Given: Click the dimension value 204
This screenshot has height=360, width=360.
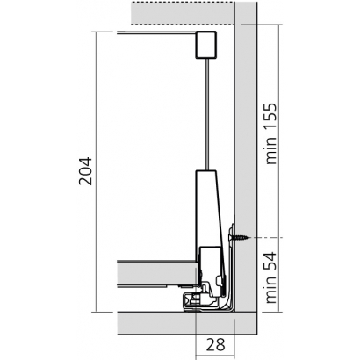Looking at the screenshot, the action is [x=86, y=171].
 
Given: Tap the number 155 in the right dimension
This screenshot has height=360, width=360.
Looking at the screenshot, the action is [x=270, y=117].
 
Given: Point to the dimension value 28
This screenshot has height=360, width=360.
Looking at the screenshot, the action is [x=216, y=344].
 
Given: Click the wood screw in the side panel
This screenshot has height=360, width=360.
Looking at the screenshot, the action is [x=240, y=238].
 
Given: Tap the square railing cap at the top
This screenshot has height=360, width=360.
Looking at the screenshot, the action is [x=206, y=44].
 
